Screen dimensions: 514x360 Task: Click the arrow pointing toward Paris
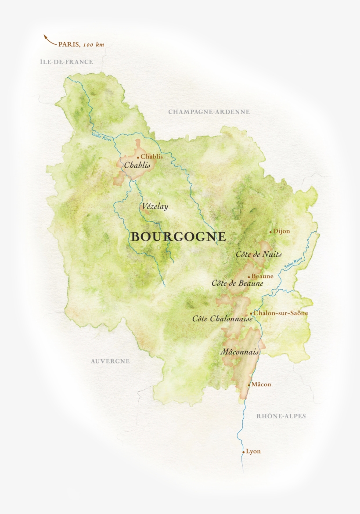tap(49, 40)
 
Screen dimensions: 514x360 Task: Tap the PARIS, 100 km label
tap(81, 44)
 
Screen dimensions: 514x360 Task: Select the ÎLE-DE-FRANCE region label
tap(66, 62)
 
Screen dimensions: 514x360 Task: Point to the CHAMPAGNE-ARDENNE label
tap(209, 112)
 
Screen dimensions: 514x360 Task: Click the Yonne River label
tap(102, 137)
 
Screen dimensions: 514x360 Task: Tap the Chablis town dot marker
tap(138, 157)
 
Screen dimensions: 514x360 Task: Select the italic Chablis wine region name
tap(137, 165)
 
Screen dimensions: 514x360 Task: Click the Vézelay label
tap(155, 206)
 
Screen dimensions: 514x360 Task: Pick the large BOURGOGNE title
tap(178, 237)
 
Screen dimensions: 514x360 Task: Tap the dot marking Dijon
tap(270, 232)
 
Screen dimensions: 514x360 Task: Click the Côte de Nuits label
tap(259, 254)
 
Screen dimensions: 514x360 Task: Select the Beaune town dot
tap(249, 277)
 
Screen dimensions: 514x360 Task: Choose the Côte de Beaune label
tap(237, 284)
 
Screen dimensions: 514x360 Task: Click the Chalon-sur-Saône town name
tap(281, 313)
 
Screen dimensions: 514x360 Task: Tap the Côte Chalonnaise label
tap(222, 319)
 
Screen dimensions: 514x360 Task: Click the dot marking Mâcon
tap(249, 385)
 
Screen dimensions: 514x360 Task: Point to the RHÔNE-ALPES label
tap(281, 416)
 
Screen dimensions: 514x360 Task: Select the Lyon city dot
tap(243, 452)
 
